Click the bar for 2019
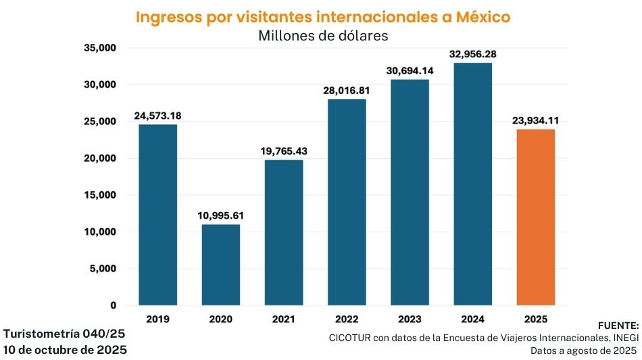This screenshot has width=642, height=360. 157,215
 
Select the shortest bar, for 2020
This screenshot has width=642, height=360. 220,265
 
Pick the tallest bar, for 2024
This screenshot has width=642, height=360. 473,184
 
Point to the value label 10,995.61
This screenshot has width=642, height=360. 220,216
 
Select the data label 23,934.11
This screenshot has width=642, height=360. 536,121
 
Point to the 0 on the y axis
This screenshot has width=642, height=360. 112,305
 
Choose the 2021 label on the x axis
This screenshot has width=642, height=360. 283,318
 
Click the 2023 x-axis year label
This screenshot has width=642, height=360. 410,318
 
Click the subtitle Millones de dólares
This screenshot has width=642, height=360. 323,36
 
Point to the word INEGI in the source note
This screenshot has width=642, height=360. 622,337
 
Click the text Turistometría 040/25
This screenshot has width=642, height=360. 64,334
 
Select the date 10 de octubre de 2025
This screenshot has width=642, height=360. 65,350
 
